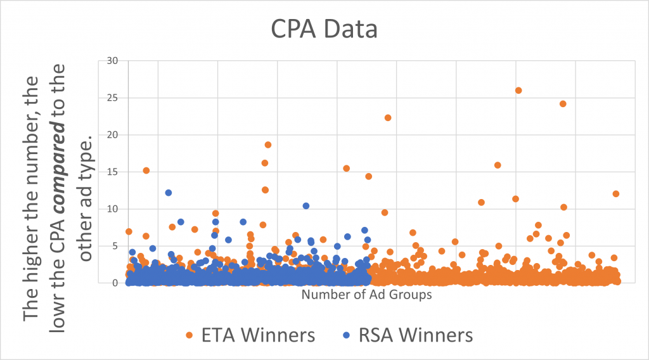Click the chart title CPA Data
[x=324, y=29]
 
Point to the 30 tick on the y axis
[x=112, y=61]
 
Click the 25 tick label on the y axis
[x=112, y=98]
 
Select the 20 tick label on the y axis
[x=112, y=135]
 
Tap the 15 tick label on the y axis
[x=112, y=172]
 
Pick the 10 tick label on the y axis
[x=112, y=209]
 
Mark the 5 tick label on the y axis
[x=115, y=246]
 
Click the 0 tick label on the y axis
[x=115, y=283]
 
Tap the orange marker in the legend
[x=189, y=335]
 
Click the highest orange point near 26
[x=518, y=91]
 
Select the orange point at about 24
[x=563, y=104]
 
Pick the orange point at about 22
[x=388, y=118]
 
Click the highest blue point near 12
[x=169, y=193]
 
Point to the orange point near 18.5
[x=268, y=145]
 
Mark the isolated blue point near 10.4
[x=306, y=206]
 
